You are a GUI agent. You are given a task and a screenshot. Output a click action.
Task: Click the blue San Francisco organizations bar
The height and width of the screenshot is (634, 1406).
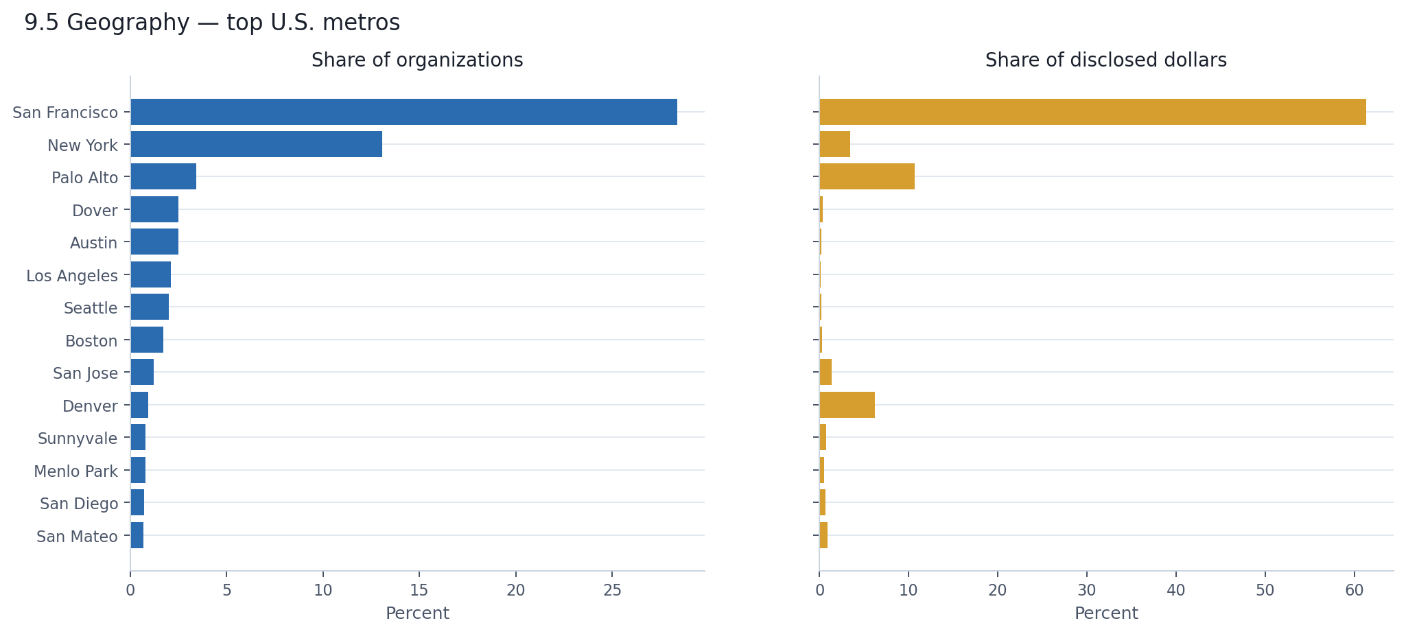(403, 112)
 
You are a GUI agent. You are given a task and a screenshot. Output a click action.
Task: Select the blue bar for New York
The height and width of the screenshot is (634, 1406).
(256, 144)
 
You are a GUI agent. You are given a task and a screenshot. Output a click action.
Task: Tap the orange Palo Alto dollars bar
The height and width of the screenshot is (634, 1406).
(867, 176)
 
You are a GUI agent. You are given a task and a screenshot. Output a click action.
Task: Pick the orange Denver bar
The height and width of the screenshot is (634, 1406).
(847, 405)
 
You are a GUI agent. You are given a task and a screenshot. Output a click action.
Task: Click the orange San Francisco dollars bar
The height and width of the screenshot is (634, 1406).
(1092, 112)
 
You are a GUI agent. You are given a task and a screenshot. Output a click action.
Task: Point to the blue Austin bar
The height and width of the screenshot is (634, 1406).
(154, 242)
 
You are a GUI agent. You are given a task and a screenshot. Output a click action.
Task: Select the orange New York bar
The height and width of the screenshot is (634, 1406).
(834, 144)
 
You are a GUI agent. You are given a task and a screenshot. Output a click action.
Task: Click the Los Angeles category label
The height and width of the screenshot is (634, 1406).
(72, 276)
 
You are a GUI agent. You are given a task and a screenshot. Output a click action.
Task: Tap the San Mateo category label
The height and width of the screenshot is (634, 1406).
(77, 537)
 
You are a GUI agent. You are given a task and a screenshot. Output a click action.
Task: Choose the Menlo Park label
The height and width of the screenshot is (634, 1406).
(75, 471)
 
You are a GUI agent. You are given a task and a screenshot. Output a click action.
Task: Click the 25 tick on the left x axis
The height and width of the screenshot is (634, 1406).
(612, 590)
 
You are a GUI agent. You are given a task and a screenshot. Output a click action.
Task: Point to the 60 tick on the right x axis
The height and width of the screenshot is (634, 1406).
(1354, 590)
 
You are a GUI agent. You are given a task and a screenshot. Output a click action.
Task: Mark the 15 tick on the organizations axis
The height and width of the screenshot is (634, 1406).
(419, 590)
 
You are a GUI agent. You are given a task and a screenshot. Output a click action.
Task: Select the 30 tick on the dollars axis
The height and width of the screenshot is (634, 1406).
(1086, 590)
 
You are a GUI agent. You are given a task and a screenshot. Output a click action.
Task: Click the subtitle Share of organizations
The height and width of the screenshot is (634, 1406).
(417, 60)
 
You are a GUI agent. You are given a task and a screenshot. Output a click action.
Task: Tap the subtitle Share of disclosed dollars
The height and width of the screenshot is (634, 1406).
(1105, 60)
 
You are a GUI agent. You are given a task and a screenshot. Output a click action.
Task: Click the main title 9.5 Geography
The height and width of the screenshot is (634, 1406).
(211, 23)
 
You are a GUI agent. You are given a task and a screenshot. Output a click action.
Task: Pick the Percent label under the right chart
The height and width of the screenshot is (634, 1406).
(1105, 613)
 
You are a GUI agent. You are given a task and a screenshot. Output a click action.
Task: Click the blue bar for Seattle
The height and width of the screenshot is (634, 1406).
(150, 307)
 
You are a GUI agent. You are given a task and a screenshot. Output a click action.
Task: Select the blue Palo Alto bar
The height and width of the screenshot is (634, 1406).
(163, 176)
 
